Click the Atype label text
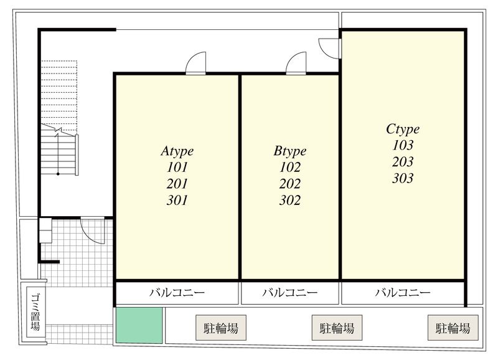(x=177, y=151)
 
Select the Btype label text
(x=290, y=151)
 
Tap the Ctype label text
(x=403, y=129)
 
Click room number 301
(x=177, y=201)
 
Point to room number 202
(x=290, y=184)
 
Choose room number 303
(x=403, y=178)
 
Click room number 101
(x=177, y=167)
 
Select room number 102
(x=290, y=167)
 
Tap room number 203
(x=403, y=162)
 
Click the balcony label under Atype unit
(x=177, y=292)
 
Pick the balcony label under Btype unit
(x=290, y=292)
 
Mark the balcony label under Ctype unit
(x=403, y=292)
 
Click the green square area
(x=139, y=326)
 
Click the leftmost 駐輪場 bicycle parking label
(x=221, y=327)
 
